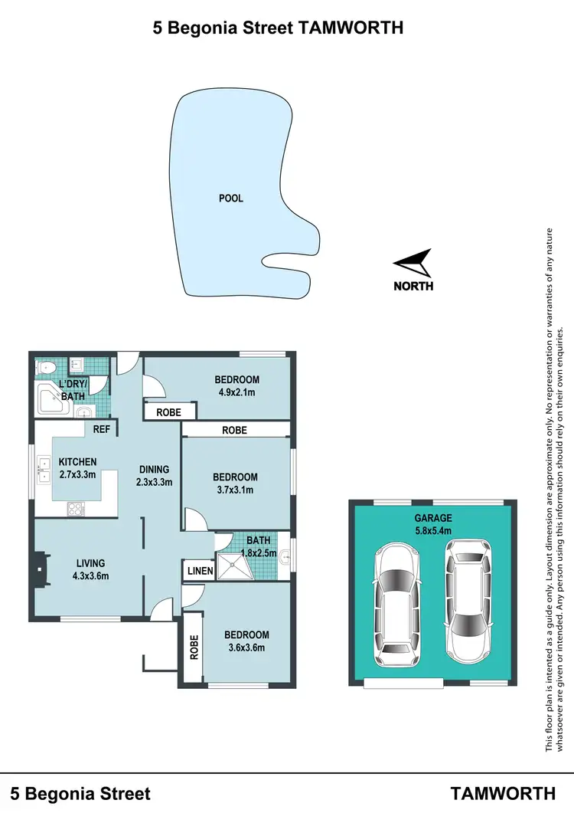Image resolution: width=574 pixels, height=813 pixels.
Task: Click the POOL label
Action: point(230,198)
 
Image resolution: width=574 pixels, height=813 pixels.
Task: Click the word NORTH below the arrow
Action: point(413,287)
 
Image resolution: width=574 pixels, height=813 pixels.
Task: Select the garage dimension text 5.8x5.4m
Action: point(432,529)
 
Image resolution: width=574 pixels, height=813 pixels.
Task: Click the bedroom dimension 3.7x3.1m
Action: point(235,490)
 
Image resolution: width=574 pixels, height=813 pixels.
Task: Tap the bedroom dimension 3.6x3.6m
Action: point(246,647)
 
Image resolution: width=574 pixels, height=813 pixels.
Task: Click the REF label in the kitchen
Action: point(102,430)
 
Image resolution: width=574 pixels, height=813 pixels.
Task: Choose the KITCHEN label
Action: point(78,461)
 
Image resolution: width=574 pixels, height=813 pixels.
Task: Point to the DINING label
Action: point(154,470)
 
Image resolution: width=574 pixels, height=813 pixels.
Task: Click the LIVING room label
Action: point(90,563)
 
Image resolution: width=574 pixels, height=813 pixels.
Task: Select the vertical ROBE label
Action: point(194,648)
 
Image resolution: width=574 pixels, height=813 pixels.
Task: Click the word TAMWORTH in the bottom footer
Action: point(503,793)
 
